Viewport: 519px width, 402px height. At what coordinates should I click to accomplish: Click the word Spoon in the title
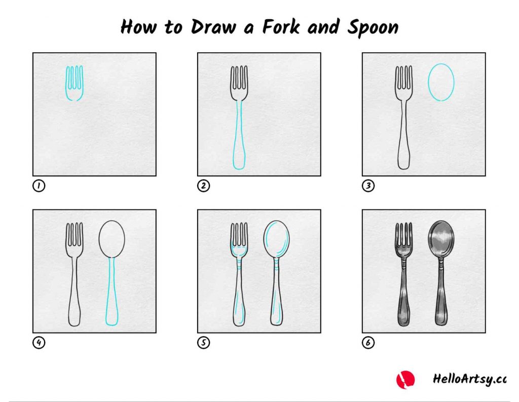373,28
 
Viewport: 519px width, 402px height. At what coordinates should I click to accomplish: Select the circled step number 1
39,186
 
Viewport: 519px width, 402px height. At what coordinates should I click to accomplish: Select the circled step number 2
203,186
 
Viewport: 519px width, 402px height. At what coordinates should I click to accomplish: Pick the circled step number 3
368,186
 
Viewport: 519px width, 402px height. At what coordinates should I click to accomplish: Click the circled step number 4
39,342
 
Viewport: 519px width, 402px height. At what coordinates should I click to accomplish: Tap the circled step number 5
203,342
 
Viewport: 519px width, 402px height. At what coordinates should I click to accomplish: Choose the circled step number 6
368,342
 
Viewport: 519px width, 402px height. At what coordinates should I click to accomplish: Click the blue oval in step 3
428,82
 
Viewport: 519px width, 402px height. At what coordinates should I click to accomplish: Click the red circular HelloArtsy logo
405,380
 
